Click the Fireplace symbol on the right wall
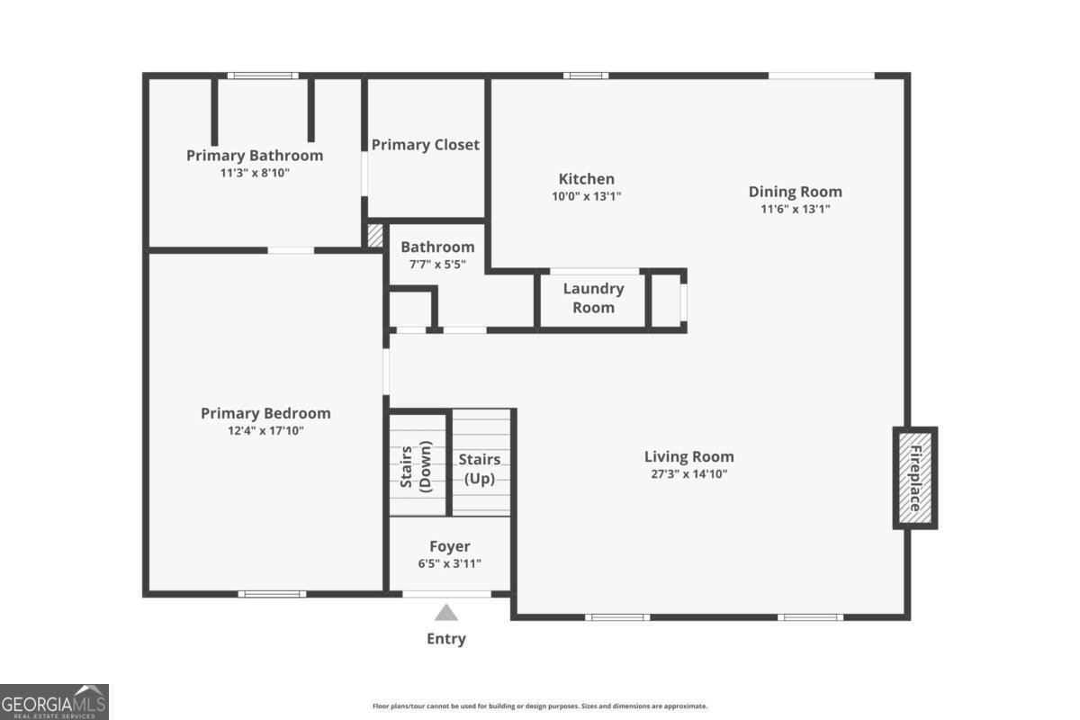pyautogui.click(x=914, y=478)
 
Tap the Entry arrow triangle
pyautogui.click(x=446, y=614)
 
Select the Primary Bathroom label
pyautogui.click(x=255, y=156)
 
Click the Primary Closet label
pyautogui.click(x=426, y=145)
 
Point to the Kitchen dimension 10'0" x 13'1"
pyautogui.click(x=587, y=196)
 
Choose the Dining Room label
pyautogui.click(x=796, y=192)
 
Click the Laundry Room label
pyautogui.click(x=593, y=298)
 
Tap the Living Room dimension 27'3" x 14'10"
pyautogui.click(x=688, y=473)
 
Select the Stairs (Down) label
pyautogui.click(x=418, y=465)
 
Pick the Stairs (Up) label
pyautogui.click(x=480, y=469)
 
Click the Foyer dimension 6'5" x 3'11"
pyautogui.click(x=449, y=563)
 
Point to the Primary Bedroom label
pyautogui.click(x=265, y=414)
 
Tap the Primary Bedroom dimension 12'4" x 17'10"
pyautogui.click(x=265, y=431)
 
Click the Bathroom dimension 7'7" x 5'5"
pyautogui.click(x=437, y=264)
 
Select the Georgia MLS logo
pyautogui.click(x=54, y=701)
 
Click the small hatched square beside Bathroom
pyautogui.click(x=375, y=236)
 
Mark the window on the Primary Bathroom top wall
pyautogui.click(x=262, y=76)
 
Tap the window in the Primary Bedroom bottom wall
pyautogui.click(x=272, y=594)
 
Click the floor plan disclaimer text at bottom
pyautogui.click(x=540, y=706)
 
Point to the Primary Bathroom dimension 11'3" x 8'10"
pyautogui.click(x=255, y=173)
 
